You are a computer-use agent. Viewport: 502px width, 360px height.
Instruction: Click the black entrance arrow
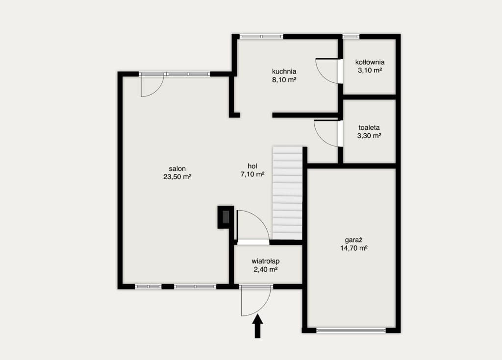(258, 326)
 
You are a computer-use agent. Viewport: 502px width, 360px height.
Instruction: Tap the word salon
(177, 168)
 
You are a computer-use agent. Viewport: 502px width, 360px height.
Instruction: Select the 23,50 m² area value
(177, 177)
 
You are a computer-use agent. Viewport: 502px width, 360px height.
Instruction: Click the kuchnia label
(284, 72)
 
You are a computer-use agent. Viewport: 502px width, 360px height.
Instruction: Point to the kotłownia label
(370, 62)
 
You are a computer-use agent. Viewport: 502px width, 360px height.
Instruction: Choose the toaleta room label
(369, 127)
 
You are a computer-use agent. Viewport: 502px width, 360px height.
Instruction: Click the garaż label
(354, 240)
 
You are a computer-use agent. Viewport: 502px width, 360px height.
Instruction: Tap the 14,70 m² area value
(354, 248)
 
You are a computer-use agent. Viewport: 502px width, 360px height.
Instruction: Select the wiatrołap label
(265, 261)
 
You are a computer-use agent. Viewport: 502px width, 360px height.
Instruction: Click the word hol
(252, 166)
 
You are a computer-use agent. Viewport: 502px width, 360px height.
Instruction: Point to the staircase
(287, 193)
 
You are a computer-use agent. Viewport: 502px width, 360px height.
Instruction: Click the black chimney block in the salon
(226, 217)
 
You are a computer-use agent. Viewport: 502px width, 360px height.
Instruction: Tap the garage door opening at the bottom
(351, 331)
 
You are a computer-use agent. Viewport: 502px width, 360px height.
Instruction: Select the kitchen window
(262, 36)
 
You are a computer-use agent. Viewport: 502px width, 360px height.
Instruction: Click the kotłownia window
(351, 36)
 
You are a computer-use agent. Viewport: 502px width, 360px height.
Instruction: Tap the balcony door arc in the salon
(157, 91)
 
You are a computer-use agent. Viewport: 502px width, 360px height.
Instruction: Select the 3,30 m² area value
(369, 136)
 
